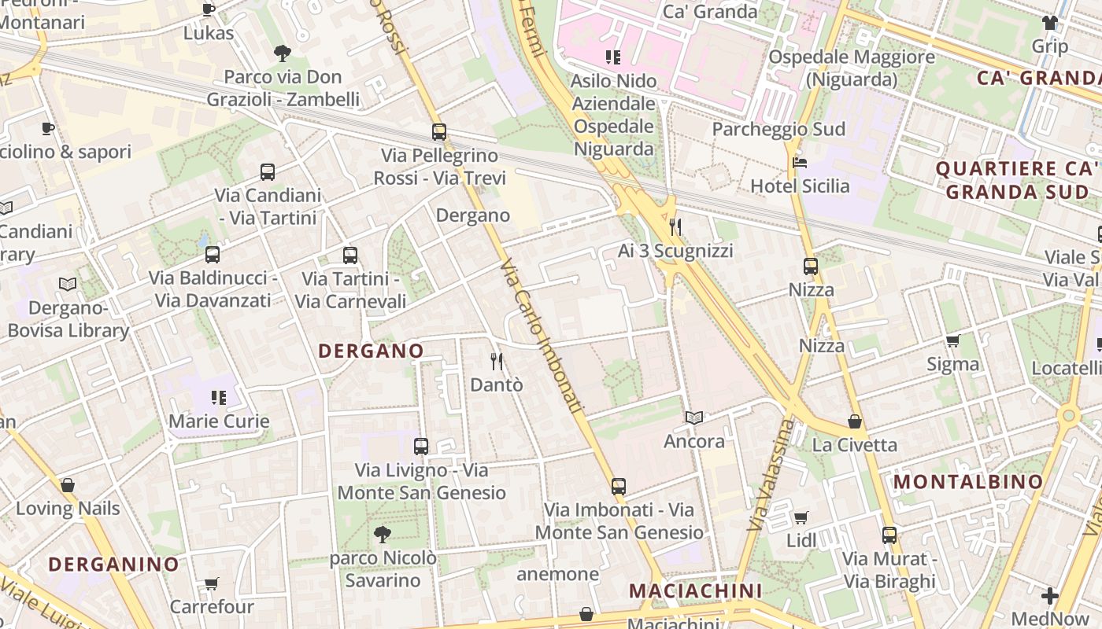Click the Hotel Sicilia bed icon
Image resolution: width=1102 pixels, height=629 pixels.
tap(800, 163)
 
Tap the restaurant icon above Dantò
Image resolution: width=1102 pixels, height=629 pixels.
tap(497, 362)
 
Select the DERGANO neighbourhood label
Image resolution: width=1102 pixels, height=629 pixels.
tap(371, 351)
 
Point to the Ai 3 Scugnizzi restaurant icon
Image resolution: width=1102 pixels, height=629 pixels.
tap(675, 228)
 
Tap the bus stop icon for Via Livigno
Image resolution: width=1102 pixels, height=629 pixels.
tap(421, 447)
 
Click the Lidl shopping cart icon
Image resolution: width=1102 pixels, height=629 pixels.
tap(801, 517)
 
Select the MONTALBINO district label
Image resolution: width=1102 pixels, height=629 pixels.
tap(969, 481)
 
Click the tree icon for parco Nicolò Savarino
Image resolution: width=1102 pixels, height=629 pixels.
tap(383, 535)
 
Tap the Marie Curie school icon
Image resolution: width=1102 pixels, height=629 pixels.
tap(219, 398)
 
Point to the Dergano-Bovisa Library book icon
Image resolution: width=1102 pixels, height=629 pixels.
tap(68, 284)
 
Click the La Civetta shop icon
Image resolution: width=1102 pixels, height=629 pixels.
tap(855, 422)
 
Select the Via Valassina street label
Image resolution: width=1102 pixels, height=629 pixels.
tap(772, 475)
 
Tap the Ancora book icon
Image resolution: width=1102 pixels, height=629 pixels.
tap(693, 418)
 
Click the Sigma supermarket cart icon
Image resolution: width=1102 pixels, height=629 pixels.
tap(952, 341)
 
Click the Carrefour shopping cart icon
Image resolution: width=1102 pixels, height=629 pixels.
tap(212, 583)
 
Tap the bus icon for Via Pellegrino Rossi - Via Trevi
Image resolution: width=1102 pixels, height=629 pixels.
tap(439, 132)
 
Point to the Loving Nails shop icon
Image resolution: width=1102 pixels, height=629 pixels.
tap(68, 486)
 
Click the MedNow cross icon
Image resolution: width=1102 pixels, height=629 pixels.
tap(1049, 596)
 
